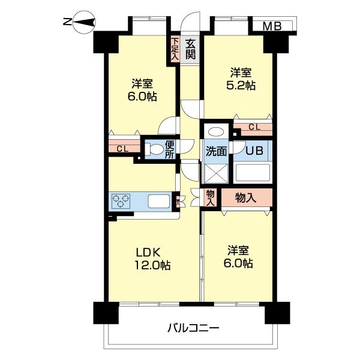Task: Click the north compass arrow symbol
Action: tap(84, 23)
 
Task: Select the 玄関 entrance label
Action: tap(191, 49)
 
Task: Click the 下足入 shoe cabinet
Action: tap(175, 50)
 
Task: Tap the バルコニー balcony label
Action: tap(193, 328)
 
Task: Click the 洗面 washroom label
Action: tap(216, 151)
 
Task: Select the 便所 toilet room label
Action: tap(170, 148)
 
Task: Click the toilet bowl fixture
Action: tap(155, 149)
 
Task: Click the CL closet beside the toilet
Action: tap(122, 148)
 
